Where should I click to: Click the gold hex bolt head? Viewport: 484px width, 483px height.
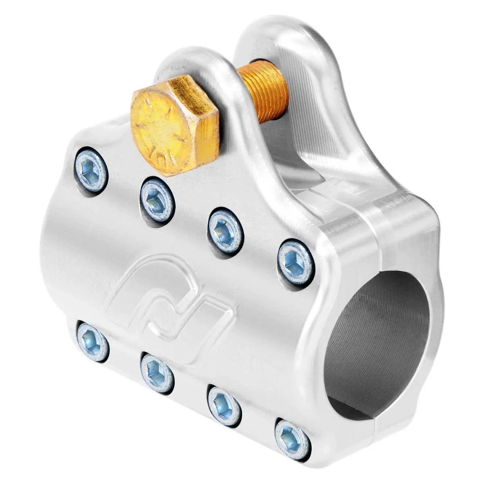(x=175, y=125)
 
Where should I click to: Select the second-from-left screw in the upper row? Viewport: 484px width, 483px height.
(x=158, y=200)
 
